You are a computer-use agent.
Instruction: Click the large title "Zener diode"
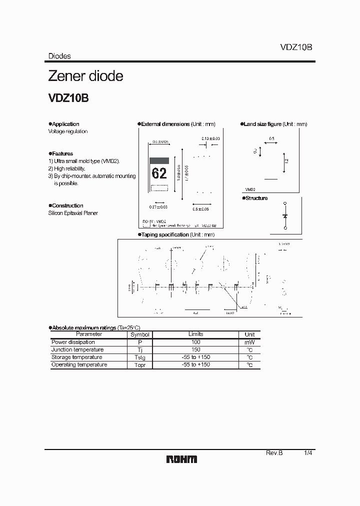(x=85, y=76)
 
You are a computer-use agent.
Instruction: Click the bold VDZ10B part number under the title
(x=68, y=98)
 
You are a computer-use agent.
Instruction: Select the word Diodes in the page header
(x=59, y=56)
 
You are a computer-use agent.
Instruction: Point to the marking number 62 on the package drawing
(x=159, y=173)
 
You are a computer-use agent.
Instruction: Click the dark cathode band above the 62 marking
(x=159, y=160)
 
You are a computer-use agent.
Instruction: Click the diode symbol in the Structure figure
(x=285, y=215)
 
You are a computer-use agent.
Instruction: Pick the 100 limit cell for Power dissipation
(x=196, y=342)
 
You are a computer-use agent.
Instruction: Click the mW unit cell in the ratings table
(x=249, y=342)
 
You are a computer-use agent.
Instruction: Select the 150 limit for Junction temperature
(x=196, y=349)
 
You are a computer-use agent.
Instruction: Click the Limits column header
(x=196, y=334)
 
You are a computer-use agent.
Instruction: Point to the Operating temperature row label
(x=79, y=364)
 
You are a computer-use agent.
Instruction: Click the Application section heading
(x=65, y=124)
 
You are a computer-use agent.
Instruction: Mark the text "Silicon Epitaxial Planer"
(x=73, y=213)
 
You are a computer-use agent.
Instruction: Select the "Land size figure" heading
(x=262, y=124)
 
